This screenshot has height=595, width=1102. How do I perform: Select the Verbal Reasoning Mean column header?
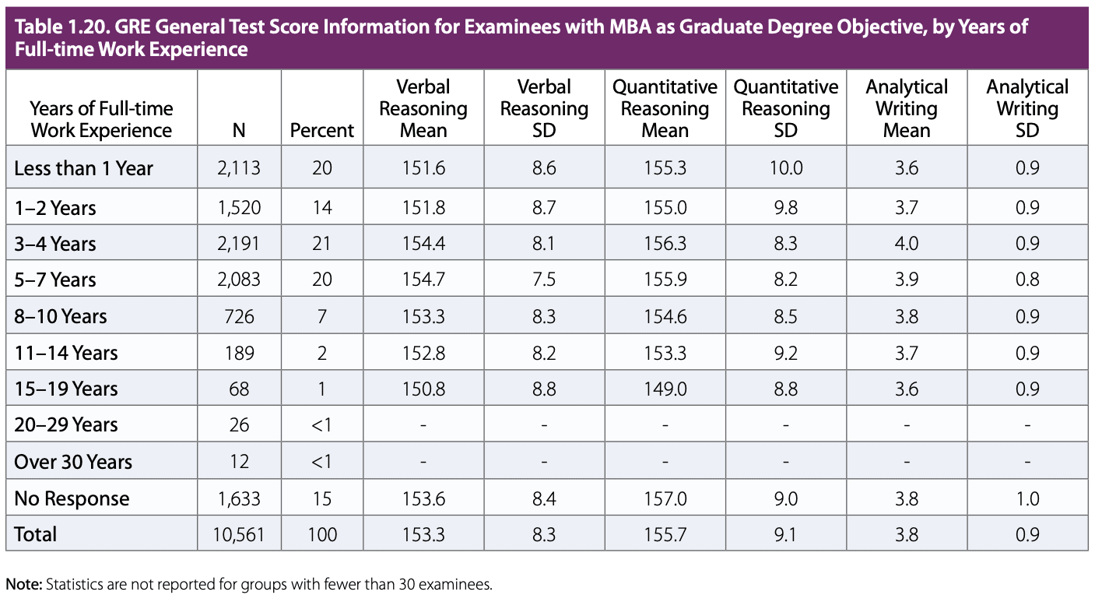(x=423, y=108)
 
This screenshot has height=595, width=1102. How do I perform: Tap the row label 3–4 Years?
(x=55, y=244)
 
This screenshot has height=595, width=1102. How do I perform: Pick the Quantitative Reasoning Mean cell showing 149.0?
(x=665, y=389)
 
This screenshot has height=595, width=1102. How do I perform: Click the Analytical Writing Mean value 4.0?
(x=907, y=244)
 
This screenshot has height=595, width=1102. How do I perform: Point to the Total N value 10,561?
(x=239, y=535)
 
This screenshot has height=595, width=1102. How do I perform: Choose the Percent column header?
(x=321, y=131)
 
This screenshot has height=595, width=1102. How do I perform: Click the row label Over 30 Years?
(x=73, y=462)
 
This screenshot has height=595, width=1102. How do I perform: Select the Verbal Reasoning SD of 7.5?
(x=544, y=280)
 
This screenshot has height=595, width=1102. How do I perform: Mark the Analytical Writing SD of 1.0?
(x=1027, y=498)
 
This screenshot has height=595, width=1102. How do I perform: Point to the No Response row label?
(x=72, y=498)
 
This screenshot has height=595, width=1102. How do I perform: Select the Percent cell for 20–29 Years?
(x=321, y=425)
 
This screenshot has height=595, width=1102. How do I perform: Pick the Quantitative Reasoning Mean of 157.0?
(x=665, y=498)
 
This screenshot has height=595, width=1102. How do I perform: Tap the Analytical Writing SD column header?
(x=1027, y=108)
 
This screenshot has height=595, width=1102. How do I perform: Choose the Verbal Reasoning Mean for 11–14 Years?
(x=423, y=353)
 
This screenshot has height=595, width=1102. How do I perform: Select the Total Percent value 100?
(x=321, y=535)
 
